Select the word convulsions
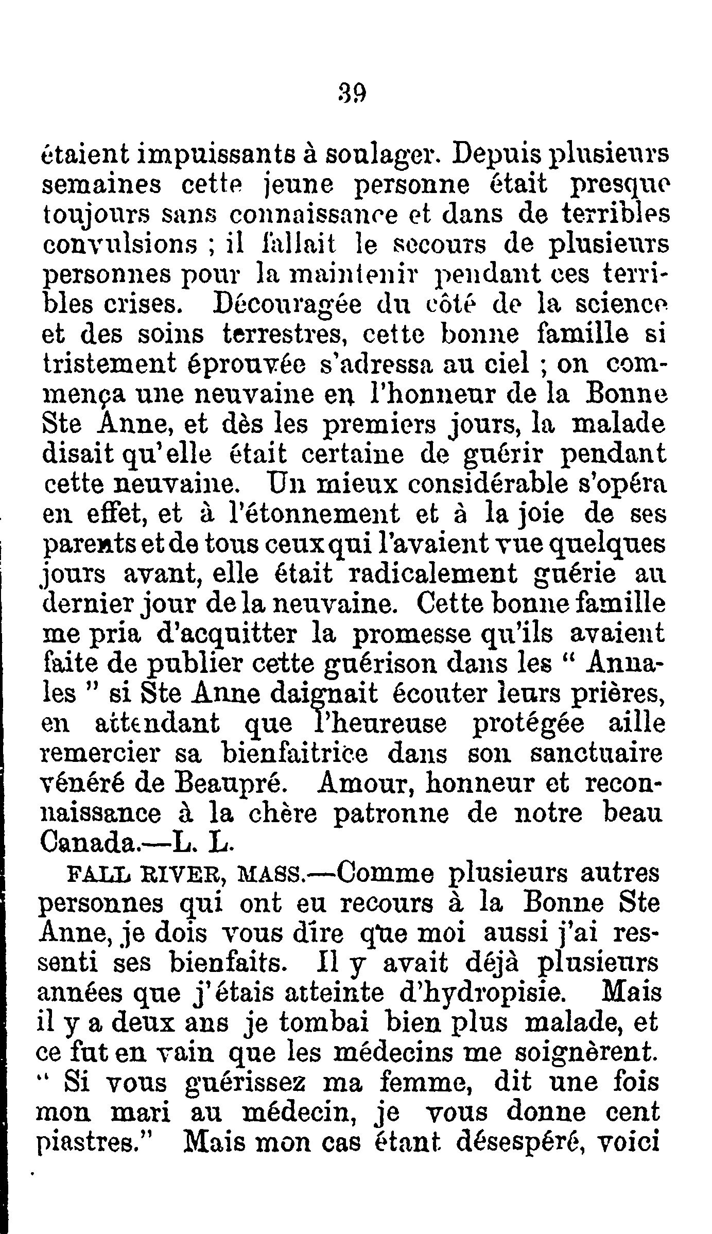click(119, 245)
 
